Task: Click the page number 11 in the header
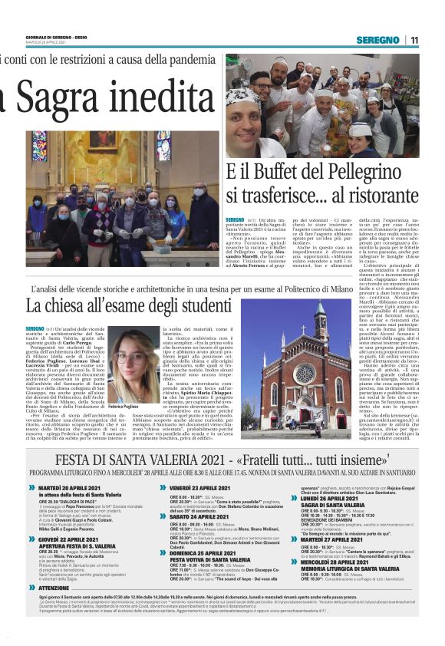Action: point(414,40)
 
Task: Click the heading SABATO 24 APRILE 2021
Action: point(203,517)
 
